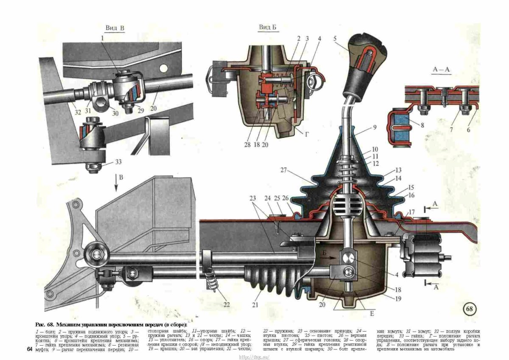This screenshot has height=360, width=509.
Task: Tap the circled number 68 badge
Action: pyautogui.click(x=470, y=309)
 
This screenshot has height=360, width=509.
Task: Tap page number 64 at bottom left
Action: pyautogui.click(x=29, y=349)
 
